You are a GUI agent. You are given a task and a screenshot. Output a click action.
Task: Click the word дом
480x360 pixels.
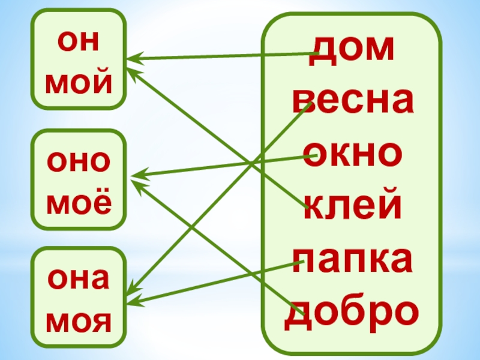coord(352,52)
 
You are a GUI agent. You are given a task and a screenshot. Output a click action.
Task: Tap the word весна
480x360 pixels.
coord(352,102)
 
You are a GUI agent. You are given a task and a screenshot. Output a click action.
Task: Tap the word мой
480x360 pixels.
coord(79,83)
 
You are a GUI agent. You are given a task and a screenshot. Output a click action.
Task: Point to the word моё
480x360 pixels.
coord(79,203)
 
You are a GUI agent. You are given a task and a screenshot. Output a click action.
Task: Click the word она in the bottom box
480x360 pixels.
coord(79,279)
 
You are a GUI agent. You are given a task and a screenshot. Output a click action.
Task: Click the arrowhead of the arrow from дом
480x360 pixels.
coord(133,58)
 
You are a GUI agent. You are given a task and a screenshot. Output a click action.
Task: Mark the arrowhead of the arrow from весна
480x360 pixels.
coord(132,289)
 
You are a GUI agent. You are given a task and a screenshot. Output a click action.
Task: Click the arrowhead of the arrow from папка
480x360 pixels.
coord(133,301)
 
